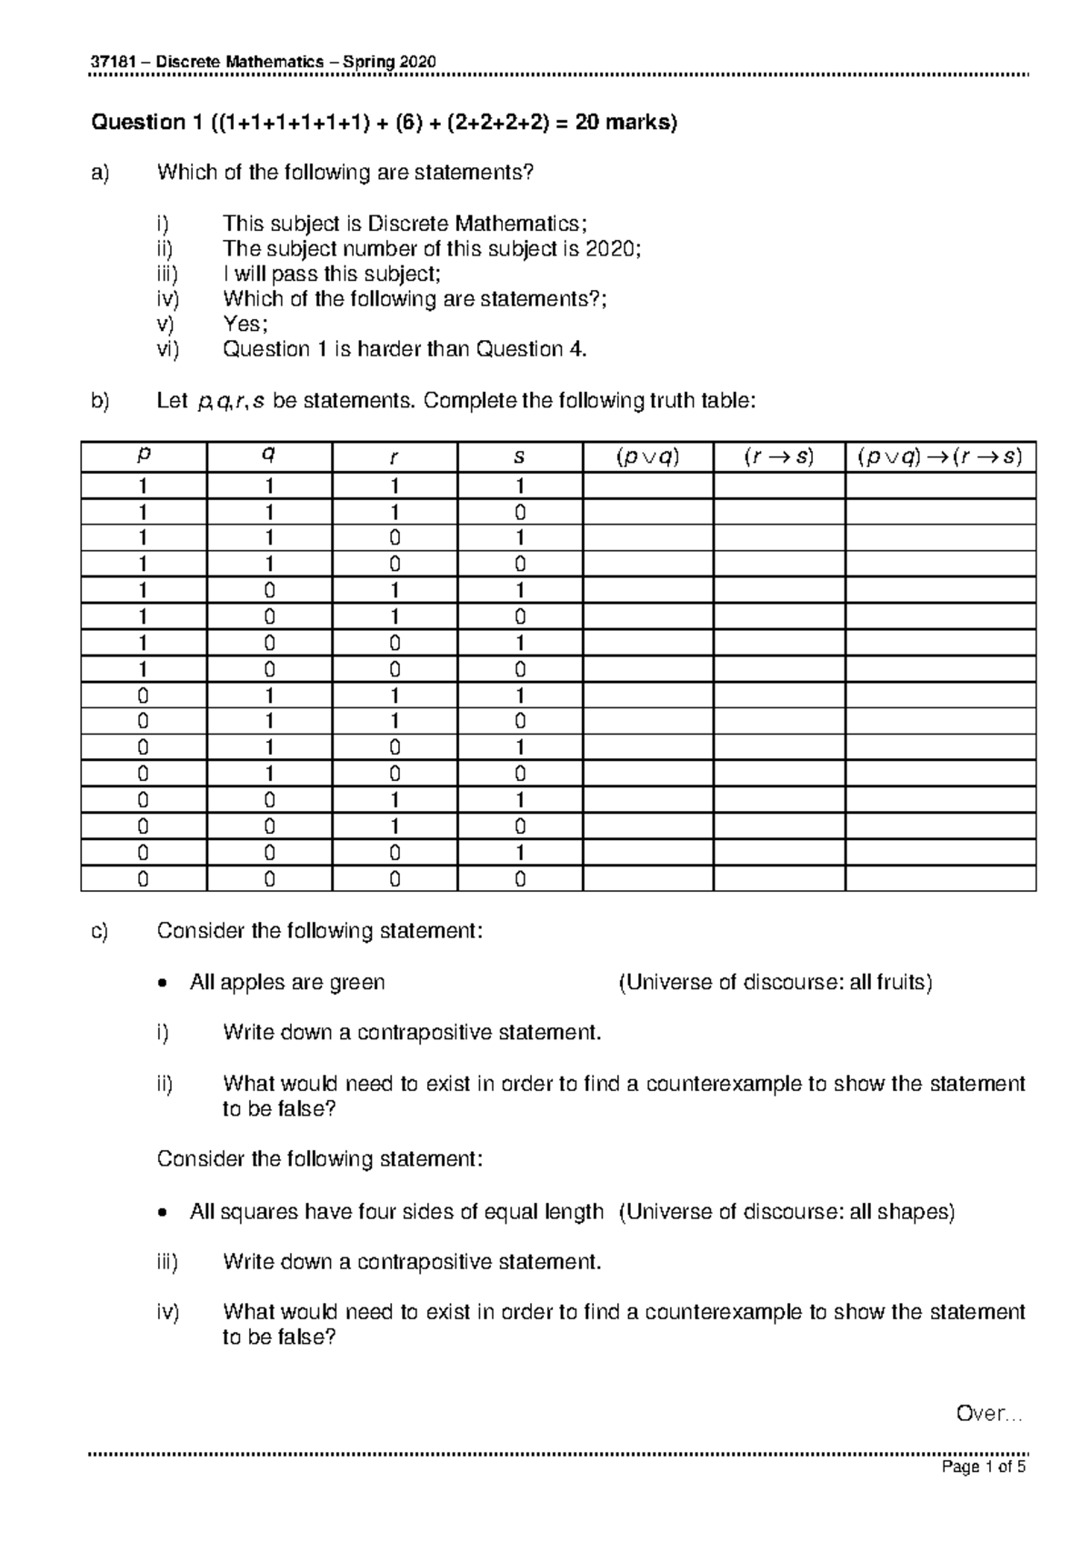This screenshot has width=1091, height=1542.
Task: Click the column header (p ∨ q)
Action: click(647, 457)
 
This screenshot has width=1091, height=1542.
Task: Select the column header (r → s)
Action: click(778, 457)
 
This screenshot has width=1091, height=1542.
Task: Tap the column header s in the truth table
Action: click(519, 457)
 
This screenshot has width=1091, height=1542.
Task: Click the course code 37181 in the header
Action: click(108, 62)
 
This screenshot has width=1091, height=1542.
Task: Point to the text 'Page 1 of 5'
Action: click(984, 1467)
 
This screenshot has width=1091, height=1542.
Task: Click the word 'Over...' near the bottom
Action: click(989, 1414)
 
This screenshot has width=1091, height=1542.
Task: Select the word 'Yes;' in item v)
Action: click(245, 324)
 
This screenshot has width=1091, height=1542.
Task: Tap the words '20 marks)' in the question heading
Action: click(626, 122)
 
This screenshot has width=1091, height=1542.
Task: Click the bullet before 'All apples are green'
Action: click(162, 983)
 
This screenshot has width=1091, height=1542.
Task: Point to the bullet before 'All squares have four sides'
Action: click(162, 1212)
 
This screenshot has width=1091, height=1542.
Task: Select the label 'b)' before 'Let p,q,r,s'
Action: click(99, 400)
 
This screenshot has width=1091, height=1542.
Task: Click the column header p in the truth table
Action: click(143, 457)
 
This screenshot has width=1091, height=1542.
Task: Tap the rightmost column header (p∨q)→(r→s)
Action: click(940, 457)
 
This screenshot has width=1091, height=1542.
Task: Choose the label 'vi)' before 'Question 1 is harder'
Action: click(167, 349)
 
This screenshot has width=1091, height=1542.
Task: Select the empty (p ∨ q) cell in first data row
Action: click(647, 486)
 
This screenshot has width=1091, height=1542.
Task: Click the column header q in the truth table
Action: click(268, 457)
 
